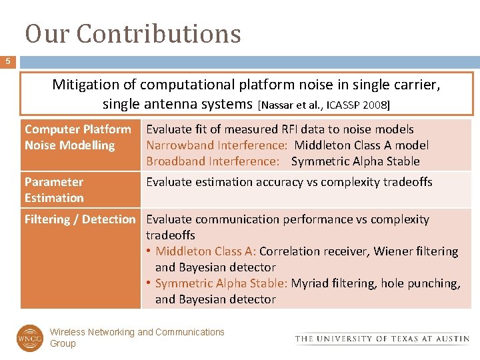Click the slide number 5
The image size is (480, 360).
pos(8,62)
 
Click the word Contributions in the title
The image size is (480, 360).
pos(159,33)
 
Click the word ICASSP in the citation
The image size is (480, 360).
pos(337,105)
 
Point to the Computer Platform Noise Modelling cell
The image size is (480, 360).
pos(77,137)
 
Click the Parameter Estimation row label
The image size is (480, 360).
pos(54,190)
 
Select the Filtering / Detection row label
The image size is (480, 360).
pos(79,219)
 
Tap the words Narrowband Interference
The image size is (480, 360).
pos(217,145)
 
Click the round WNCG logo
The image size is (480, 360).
pos(29,337)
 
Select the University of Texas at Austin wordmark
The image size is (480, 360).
pos(382,339)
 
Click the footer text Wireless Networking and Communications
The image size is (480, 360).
pos(137,332)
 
